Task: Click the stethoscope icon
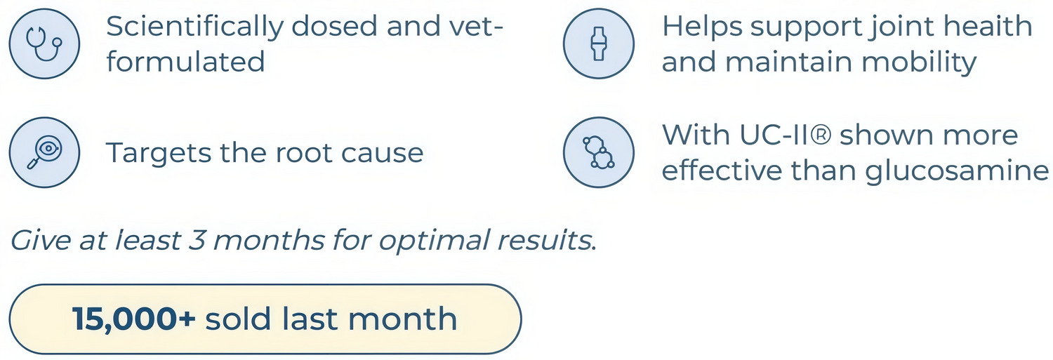coord(44,44)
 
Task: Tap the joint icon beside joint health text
coord(599,44)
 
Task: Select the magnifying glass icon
coord(44,152)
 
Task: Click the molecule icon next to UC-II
coord(599,152)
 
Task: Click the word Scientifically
coord(194,27)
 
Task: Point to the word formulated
coord(186,62)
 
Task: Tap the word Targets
coord(159,153)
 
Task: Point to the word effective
coord(722,170)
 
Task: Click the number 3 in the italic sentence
coord(197,240)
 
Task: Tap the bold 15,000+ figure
coord(133,319)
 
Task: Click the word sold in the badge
coord(239,319)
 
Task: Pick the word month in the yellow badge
coord(402,319)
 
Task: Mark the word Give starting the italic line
coord(41,240)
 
